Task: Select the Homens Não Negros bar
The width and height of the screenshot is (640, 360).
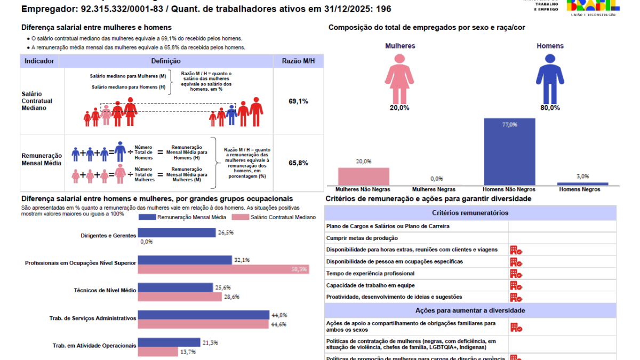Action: tap(509, 151)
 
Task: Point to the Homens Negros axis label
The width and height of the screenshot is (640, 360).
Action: tap(582, 189)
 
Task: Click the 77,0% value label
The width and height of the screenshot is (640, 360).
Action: tap(509, 124)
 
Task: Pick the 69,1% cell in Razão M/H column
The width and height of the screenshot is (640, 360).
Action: tap(298, 101)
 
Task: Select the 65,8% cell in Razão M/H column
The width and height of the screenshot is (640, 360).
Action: tap(298, 163)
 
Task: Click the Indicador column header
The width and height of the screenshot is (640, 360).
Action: tap(39, 61)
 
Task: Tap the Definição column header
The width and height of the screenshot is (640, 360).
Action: tap(166, 61)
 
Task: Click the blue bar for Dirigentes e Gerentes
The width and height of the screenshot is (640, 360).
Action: tap(177, 233)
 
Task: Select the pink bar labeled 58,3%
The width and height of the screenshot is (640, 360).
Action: tap(223, 269)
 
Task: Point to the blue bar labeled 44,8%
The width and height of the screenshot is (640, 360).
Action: tap(203, 315)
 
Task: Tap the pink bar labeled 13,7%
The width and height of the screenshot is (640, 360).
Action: tap(157, 351)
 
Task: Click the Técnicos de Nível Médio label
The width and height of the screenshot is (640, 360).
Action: tap(105, 290)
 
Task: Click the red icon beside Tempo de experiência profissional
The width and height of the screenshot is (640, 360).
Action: tap(516, 274)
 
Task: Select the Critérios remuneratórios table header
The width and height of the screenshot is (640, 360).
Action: tap(470, 213)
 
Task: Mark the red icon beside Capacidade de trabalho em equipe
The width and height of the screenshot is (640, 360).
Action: tap(516, 285)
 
